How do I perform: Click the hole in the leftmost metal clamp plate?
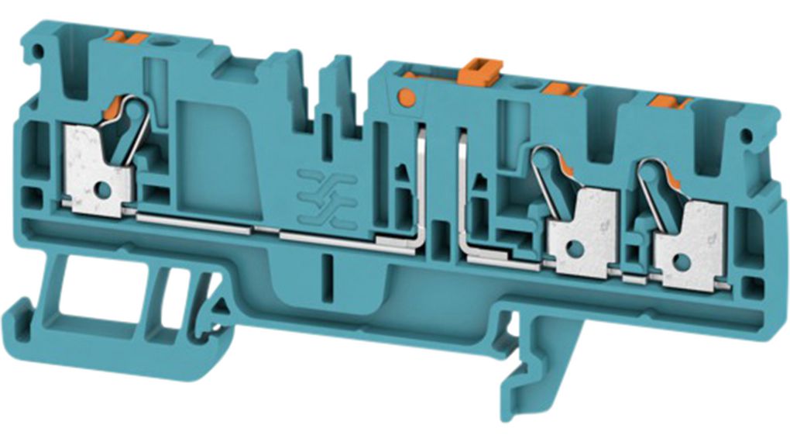click(x=101, y=188)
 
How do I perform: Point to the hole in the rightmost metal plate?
click(x=682, y=261)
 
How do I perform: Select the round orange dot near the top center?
click(x=404, y=97)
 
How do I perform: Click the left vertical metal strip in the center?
click(x=422, y=186)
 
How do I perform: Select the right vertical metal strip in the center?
click(x=462, y=190)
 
